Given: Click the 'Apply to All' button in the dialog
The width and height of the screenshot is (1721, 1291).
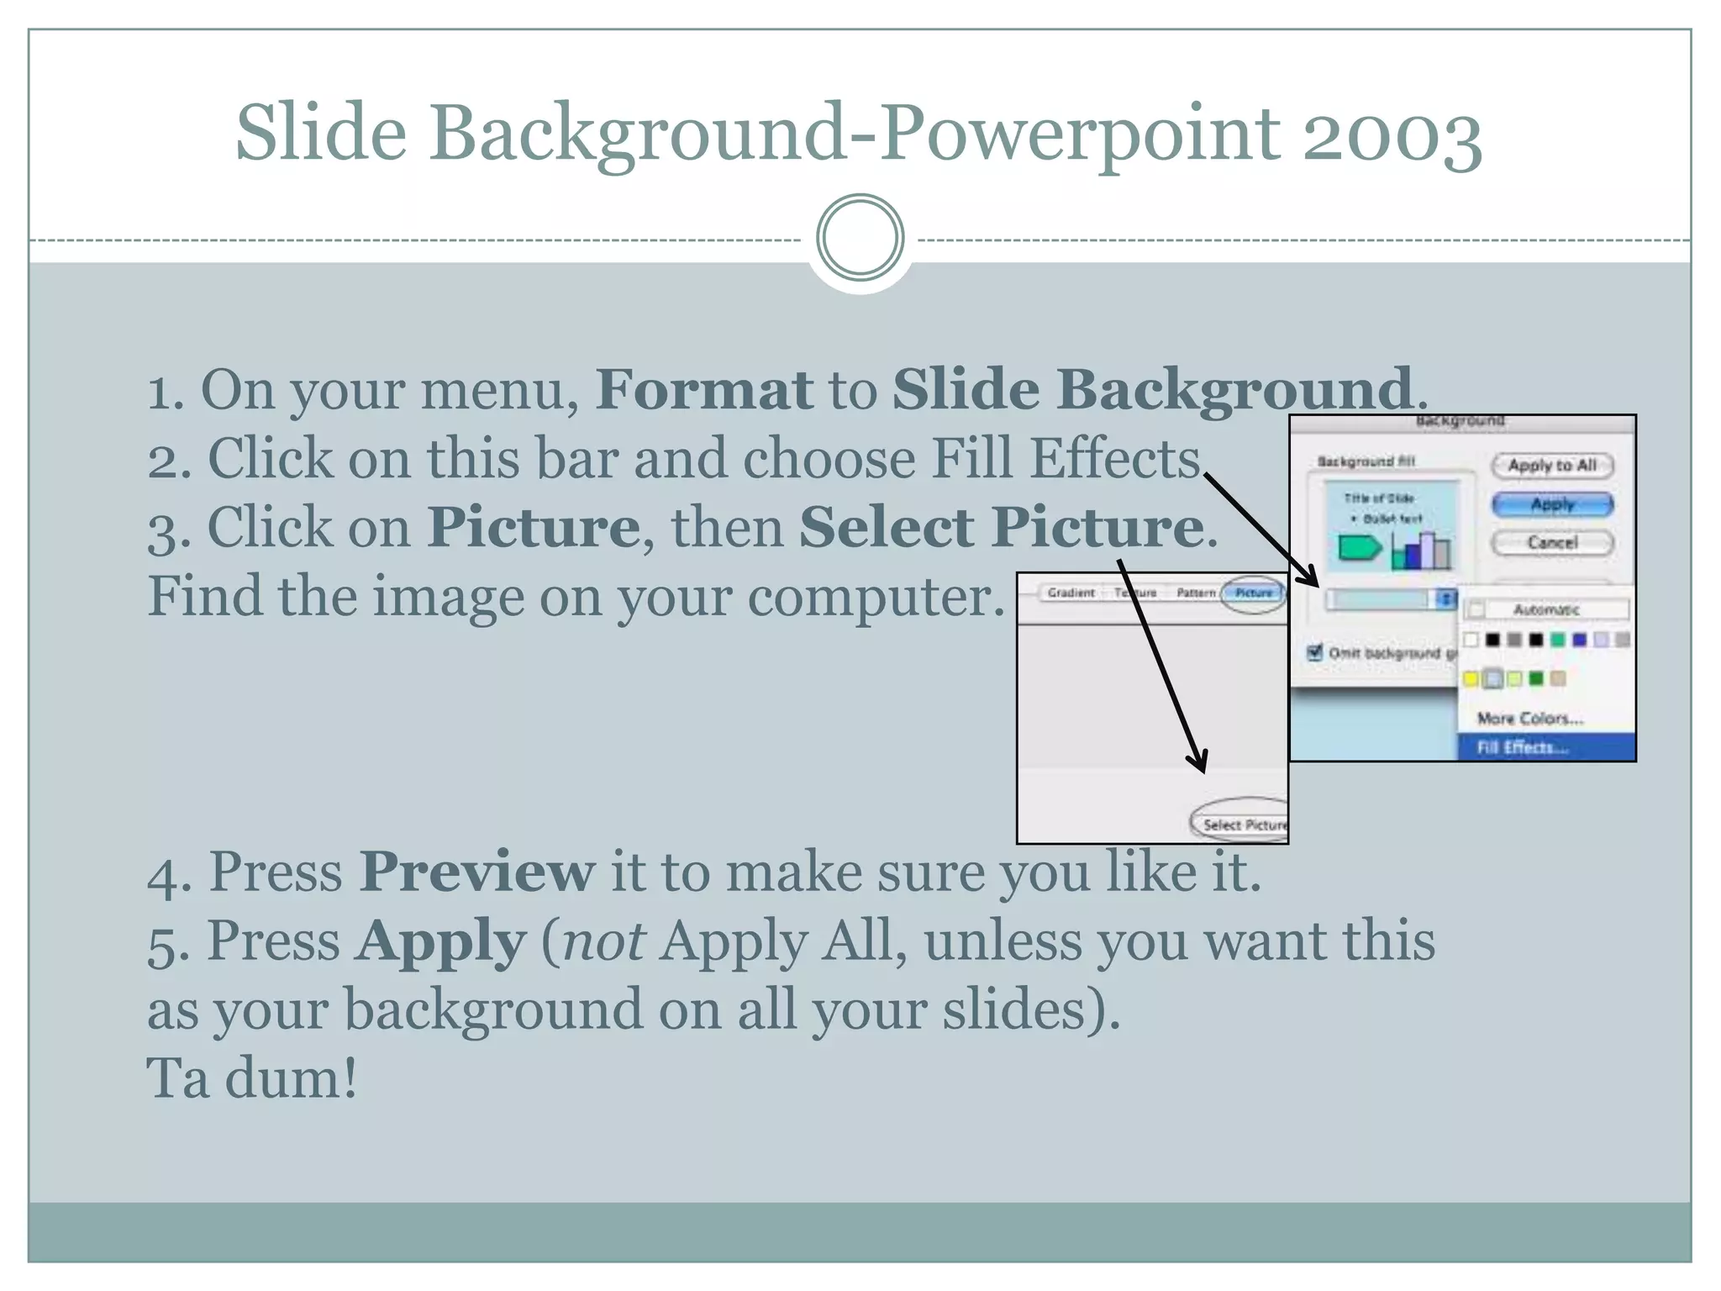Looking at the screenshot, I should [1551, 465].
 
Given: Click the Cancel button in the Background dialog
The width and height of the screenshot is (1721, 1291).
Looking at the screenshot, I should [1551, 542].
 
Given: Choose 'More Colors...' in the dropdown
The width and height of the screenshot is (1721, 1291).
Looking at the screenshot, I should [1529, 719].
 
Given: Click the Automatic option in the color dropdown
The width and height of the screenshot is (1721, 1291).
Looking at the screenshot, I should [1545, 609].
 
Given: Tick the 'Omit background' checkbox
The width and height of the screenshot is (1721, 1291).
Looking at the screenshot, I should [1315, 652].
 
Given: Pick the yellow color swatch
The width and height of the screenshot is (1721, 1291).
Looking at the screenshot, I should [1471, 678].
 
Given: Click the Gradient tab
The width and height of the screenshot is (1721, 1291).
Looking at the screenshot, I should [1071, 593].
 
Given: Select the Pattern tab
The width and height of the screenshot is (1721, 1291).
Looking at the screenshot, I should [1196, 593].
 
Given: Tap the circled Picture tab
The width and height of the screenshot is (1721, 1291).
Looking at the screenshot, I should [1253, 593].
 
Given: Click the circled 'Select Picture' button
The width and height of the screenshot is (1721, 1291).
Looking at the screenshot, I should [1243, 825].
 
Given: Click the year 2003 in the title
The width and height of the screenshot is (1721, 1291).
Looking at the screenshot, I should [1392, 134].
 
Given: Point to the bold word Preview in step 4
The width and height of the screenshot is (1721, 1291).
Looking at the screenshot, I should [477, 871].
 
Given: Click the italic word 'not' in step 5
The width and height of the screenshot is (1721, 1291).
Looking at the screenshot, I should [603, 941].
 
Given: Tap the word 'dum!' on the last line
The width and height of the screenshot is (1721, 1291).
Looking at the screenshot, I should [291, 1078].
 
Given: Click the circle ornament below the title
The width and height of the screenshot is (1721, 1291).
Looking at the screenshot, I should [860, 238].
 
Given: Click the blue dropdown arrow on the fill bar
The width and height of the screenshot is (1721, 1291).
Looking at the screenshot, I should [1446, 599].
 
